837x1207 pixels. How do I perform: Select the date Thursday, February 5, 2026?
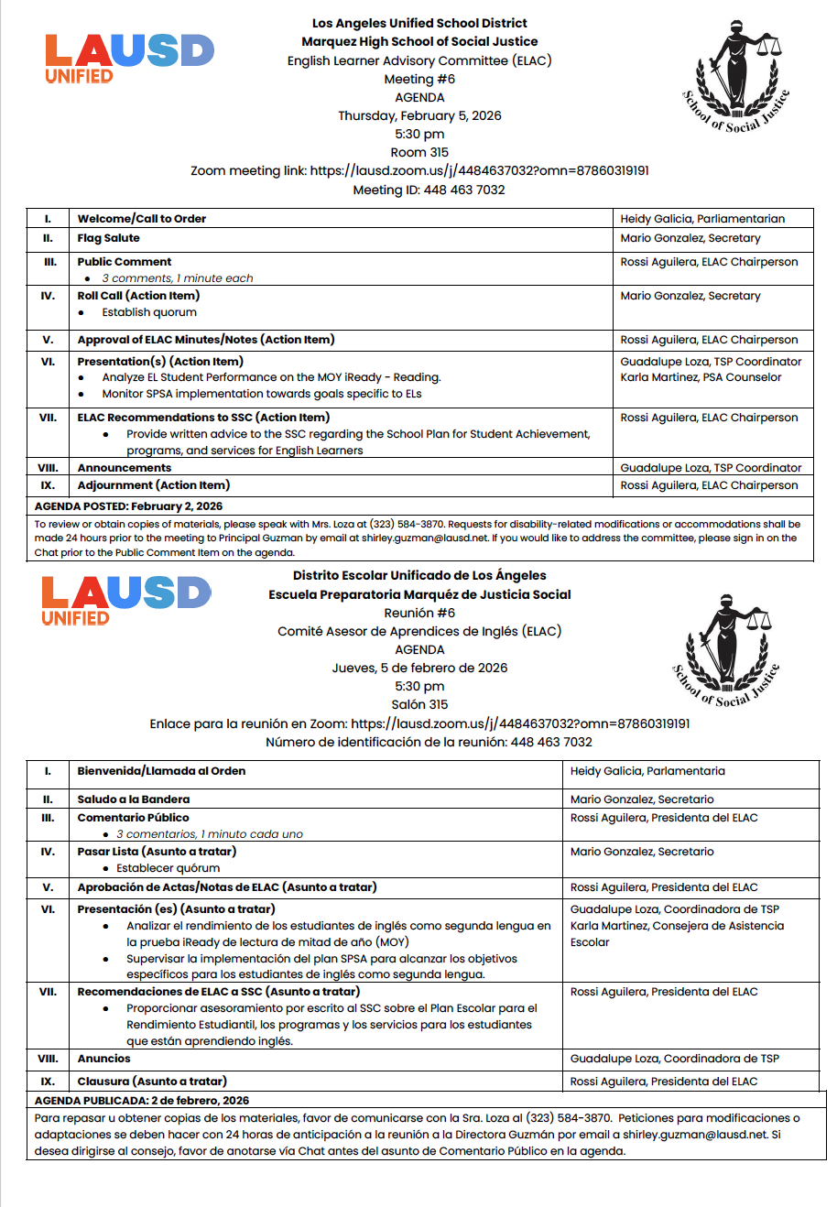point(419,116)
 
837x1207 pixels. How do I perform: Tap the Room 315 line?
point(419,153)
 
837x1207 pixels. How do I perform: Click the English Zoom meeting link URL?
point(480,171)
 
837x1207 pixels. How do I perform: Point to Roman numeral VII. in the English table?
point(48,418)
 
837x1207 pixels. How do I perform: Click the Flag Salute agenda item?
point(109,238)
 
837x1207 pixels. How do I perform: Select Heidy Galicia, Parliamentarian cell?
point(702,219)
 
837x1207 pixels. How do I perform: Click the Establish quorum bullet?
point(149,312)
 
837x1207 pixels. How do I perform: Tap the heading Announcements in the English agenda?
point(125,468)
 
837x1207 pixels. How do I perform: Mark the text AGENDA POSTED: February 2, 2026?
point(128,506)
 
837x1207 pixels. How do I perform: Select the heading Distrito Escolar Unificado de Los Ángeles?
point(419,576)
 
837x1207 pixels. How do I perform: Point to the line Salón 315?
point(419,704)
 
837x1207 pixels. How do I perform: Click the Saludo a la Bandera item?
point(134,799)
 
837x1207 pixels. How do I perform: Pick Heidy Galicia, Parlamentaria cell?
point(647,771)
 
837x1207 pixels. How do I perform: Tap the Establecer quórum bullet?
point(168,868)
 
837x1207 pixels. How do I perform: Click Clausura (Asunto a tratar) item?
point(152,1082)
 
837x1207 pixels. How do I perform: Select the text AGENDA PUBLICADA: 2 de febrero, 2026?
point(141,1101)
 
